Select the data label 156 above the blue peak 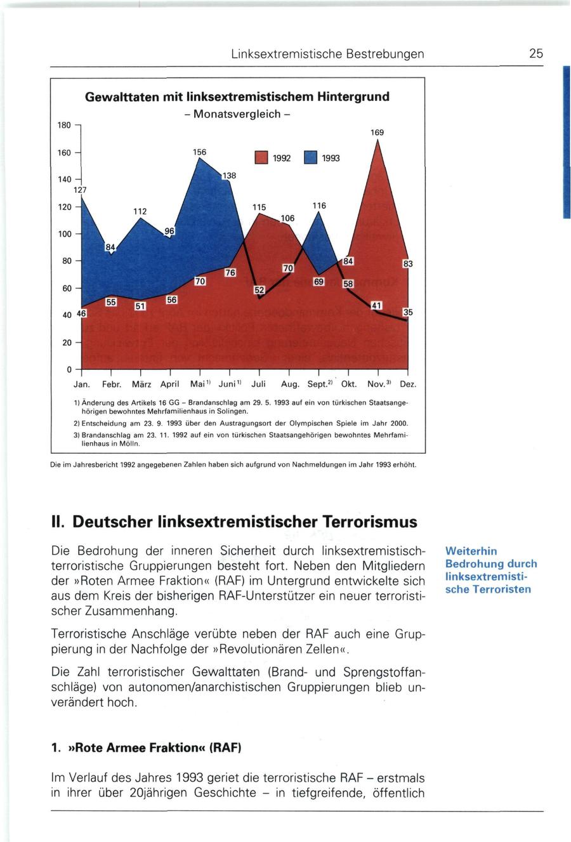click(199, 152)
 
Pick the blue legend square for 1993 click(310, 157)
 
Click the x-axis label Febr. click(112, 385)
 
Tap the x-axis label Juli click(258, 385)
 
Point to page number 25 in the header click(536, 54)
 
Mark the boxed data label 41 click(377, 306)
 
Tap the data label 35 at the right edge click(408, 312)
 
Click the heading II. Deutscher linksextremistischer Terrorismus click(234, 522)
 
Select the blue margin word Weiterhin click(471, 551)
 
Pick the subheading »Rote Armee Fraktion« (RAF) click(147, 747)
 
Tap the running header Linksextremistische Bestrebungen click(327, 54)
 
